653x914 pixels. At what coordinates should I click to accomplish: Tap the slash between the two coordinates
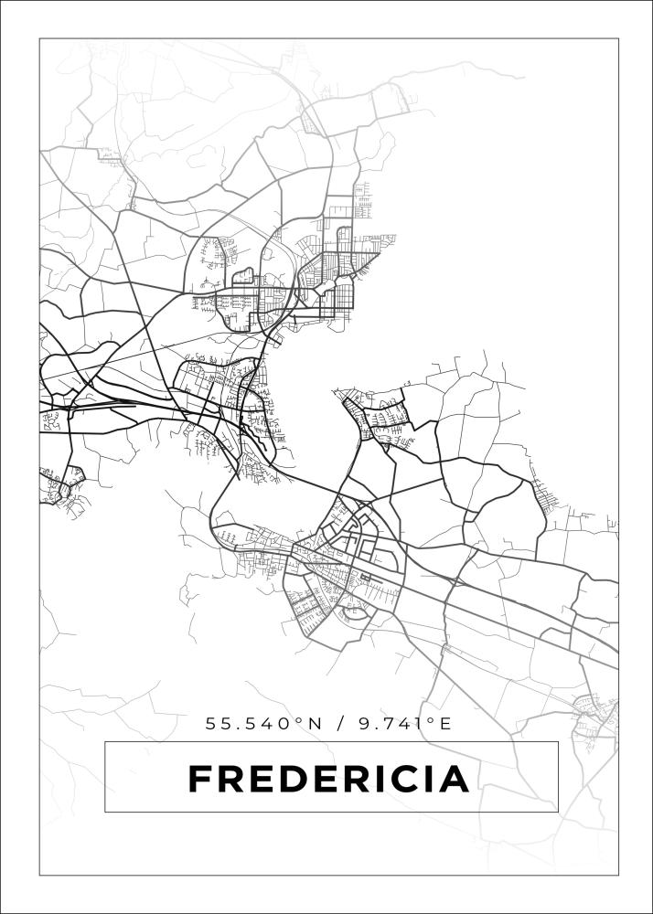click(x=340, y=724)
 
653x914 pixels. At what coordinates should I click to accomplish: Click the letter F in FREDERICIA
click(x=199, y=780)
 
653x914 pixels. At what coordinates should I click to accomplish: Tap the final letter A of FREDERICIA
click(x=455, y=780)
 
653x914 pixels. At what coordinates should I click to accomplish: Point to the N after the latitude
click(x=316, y=724)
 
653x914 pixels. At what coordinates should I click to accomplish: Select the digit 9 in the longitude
click(x=365, y=724)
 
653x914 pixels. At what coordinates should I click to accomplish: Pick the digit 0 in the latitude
click(x=287, y=724)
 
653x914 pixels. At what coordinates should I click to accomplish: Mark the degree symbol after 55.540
click(x=301, y=720)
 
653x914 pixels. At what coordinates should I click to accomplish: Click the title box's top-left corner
click(x=105, y=742)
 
